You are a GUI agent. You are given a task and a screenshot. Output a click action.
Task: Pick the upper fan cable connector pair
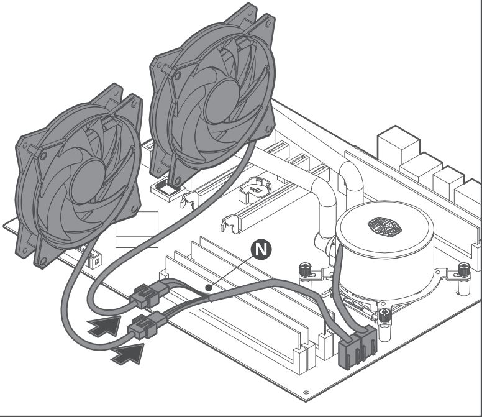149,294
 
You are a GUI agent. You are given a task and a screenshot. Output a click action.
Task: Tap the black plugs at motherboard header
357,351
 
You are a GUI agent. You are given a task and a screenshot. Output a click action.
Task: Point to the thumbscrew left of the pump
306,272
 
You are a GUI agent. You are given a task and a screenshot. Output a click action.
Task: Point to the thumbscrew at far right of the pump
462,271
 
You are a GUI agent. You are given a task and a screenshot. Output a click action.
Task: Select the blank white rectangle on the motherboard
137,230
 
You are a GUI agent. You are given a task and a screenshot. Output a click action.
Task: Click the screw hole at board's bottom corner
306,393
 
